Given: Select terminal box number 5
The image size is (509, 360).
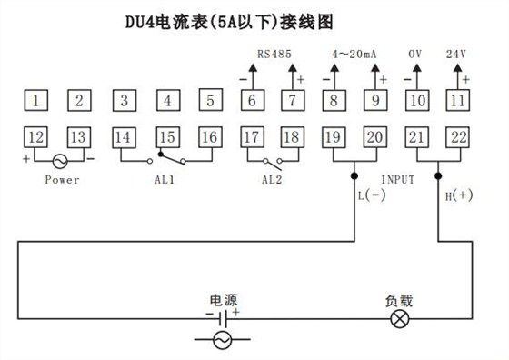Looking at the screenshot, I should pos(208,99).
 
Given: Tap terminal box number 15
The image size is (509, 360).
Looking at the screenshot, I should pos(165,137).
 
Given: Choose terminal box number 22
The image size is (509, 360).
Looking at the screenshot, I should pos(457,137).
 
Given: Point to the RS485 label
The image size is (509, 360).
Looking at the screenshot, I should pos(274,54).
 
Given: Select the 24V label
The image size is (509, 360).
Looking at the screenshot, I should pos(457,54).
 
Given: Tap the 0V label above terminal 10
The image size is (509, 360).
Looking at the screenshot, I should pos(416,54).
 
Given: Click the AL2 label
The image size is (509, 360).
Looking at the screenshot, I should pos(272,179).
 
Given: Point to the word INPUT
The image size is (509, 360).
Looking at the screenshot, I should pos(397,179).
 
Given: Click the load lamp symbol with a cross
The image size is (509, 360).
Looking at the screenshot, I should pos(396,317).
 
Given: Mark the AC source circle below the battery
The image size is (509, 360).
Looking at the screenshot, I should pos(222,341).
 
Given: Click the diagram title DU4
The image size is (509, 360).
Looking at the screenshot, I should pos(145,19).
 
